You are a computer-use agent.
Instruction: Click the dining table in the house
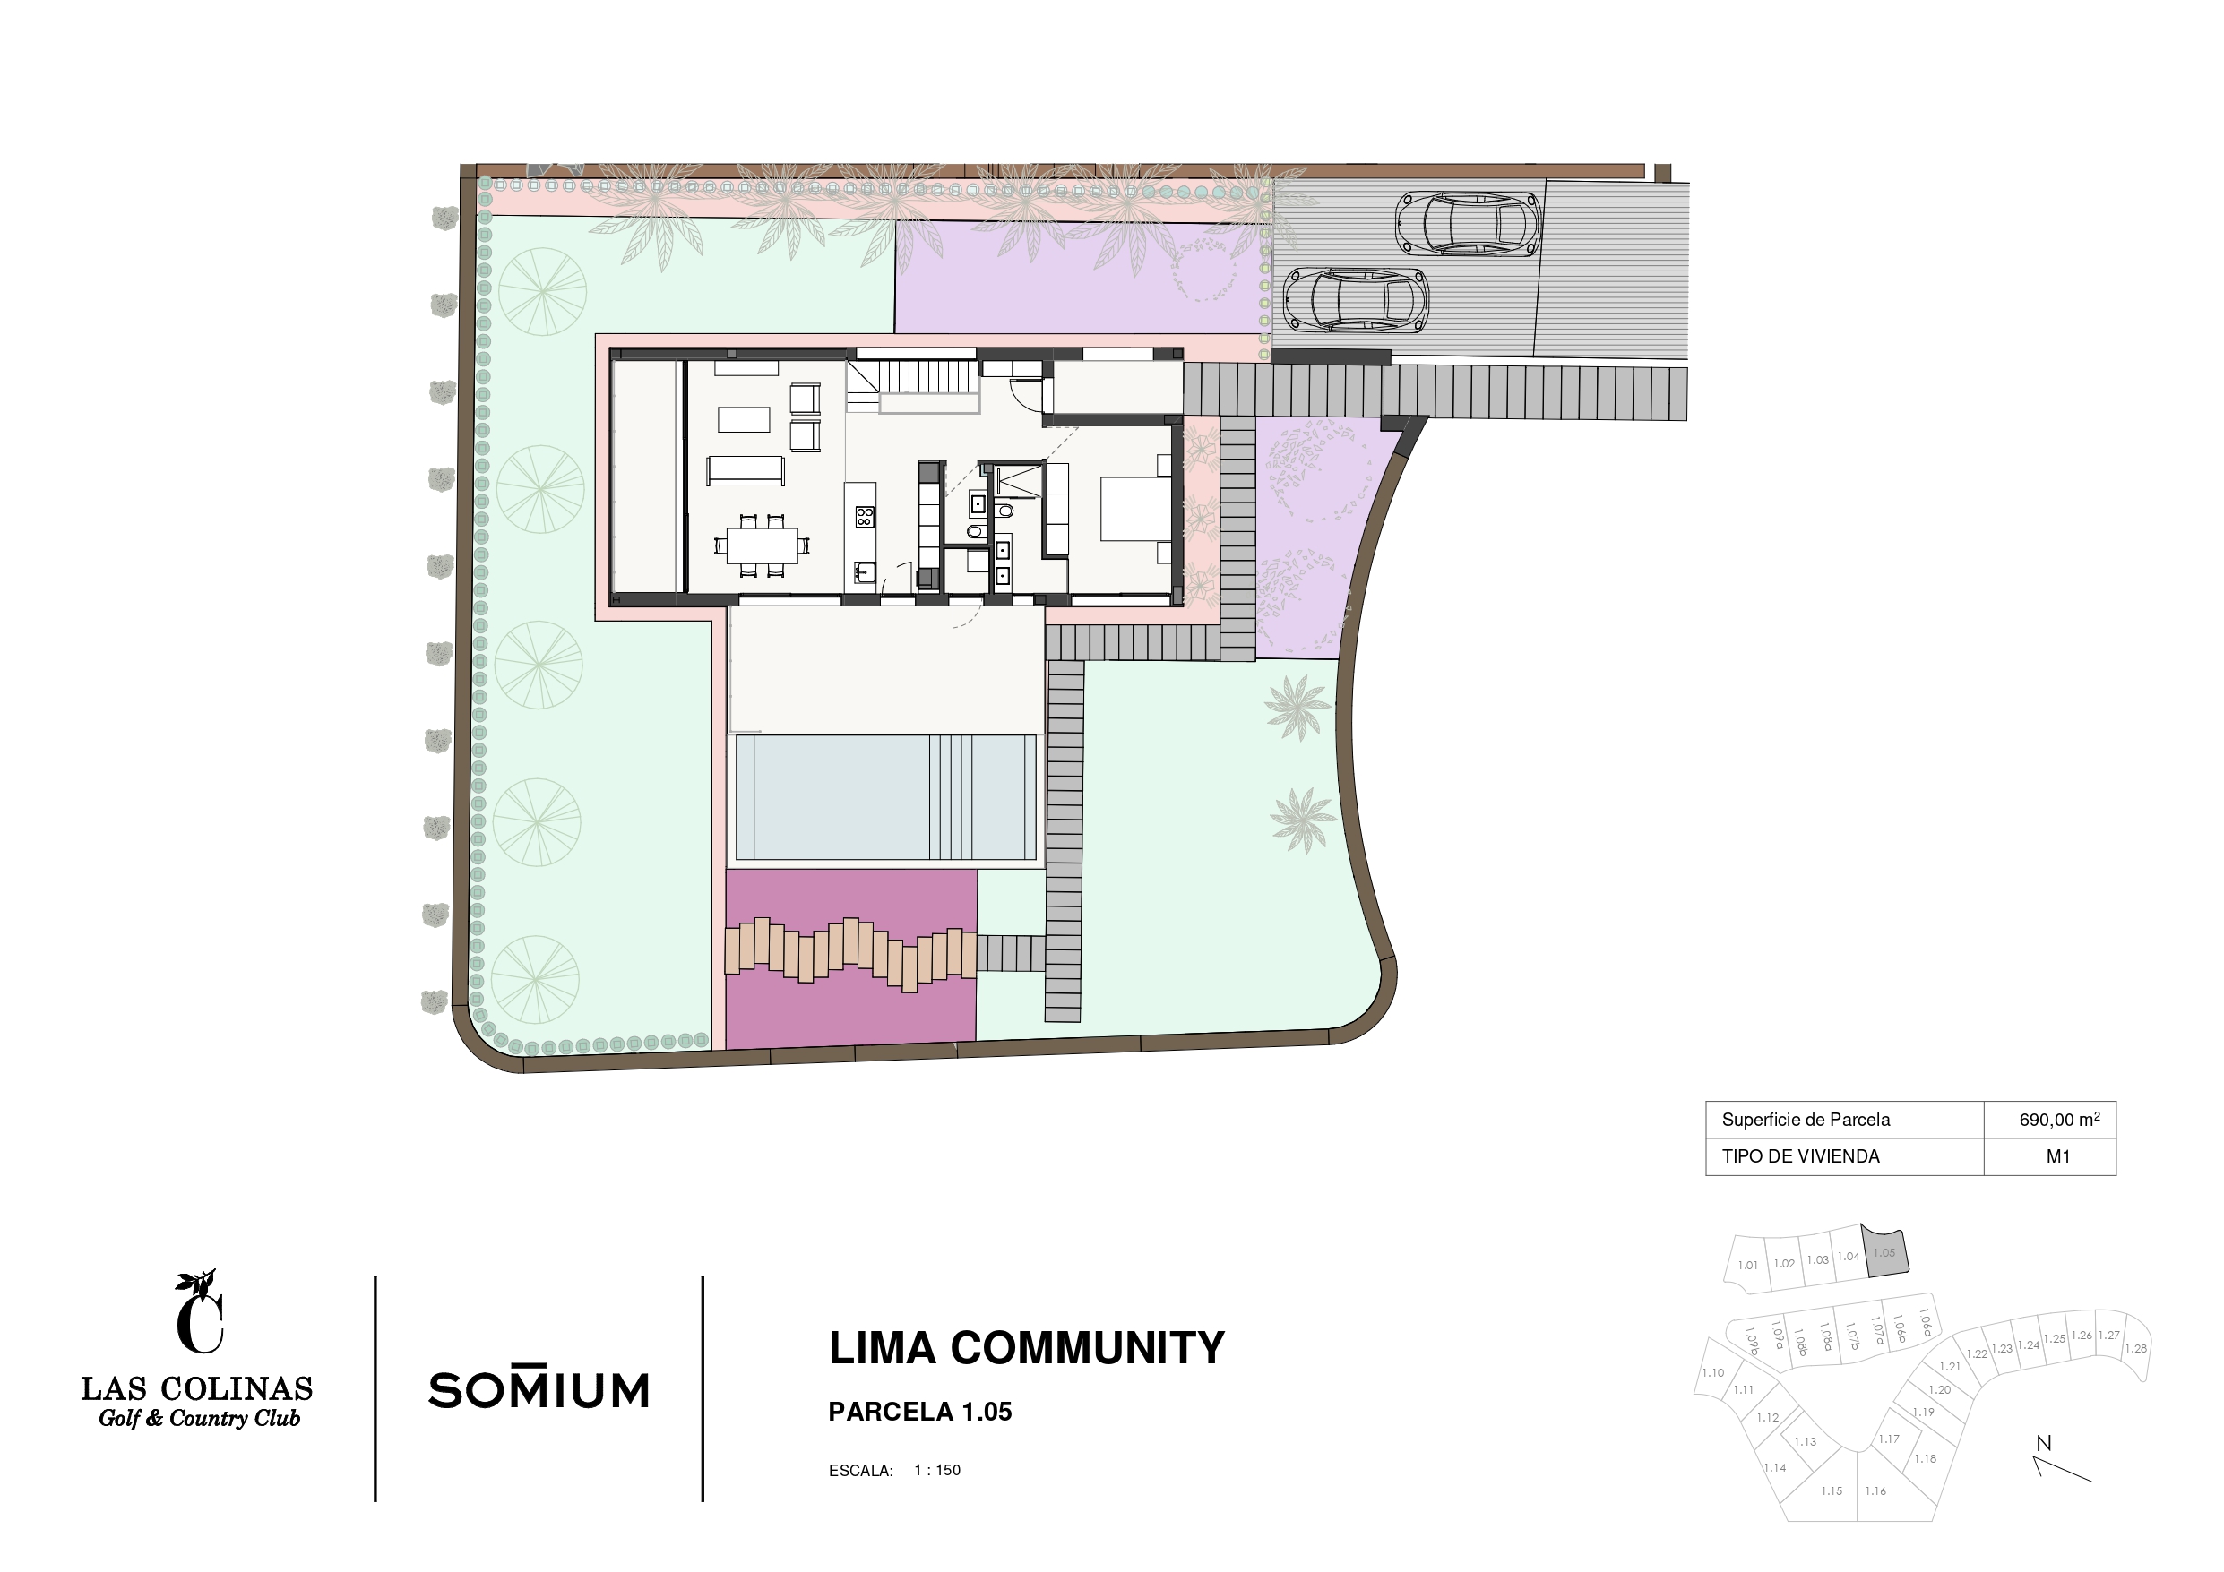(x=763, y=545)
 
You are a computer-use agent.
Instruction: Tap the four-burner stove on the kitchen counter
(x=864, y=516)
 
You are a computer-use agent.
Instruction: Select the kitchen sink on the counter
(x=864, y=573)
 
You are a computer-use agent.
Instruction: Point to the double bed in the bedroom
(x=1135, y=510)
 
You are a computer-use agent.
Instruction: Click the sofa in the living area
(x=745, y=471)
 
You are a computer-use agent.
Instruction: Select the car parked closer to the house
(x=1355, y=300)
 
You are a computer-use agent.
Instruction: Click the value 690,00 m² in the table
(x=2059, y=1120)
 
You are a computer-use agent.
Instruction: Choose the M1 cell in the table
(x=2058, y=1156)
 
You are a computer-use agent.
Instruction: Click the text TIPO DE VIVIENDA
(x=1801, y=1156)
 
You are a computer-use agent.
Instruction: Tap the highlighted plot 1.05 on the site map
(x=1885, y=1253)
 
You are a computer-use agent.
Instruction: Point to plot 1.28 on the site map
(x=2136, y=1348)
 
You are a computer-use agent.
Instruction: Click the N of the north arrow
(x=2044, y=1443)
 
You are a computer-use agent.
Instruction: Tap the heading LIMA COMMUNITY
(x=1027, y=1348)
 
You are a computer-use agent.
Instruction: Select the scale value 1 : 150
(x=937, y=1470)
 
